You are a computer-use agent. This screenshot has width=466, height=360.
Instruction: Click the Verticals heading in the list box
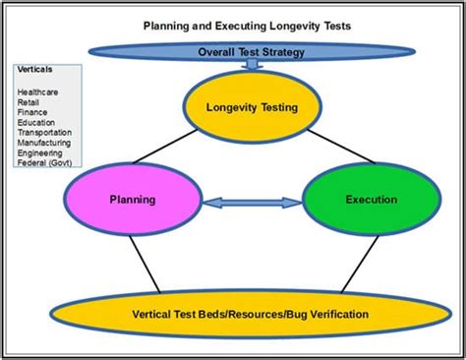pyautogui.click(x=36, y=72)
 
